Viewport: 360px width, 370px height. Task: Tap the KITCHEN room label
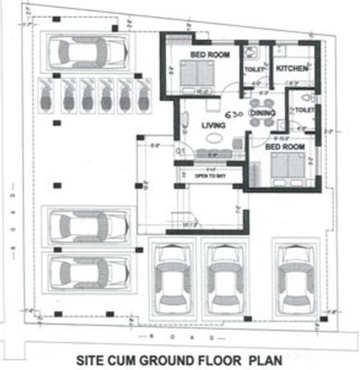click(x=291, y=69)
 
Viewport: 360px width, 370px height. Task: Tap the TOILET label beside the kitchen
click(x=254, y=70)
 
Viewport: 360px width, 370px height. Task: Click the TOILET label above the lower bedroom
click(x=305, y=110)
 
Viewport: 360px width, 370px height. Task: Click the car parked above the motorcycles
click(x=87, y=52)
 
